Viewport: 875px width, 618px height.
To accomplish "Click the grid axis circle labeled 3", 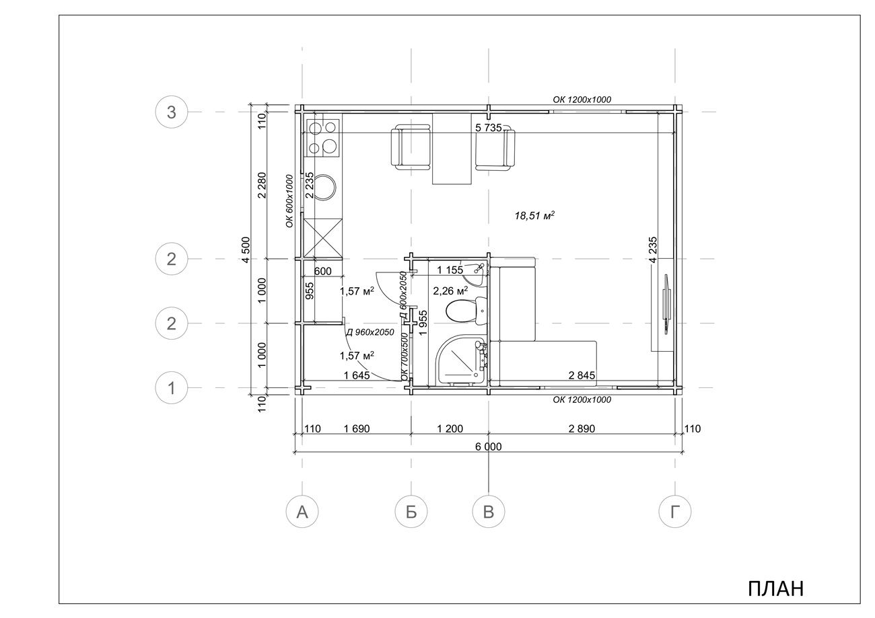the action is [x=172, y=112].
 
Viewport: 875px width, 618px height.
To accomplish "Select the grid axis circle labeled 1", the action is [x=172, y=388].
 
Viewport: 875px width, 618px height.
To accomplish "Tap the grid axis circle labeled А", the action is [x=302, y=512].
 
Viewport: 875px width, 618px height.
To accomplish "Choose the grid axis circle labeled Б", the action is [x=411, y=512].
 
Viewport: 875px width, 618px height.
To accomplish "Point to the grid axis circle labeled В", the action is [x=488, y=512].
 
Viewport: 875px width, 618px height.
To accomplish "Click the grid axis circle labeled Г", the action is [x=675, y=512].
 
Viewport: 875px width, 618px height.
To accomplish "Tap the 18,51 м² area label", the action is [x=535, y=215].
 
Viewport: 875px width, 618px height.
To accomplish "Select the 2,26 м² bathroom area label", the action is [x=450, y=291].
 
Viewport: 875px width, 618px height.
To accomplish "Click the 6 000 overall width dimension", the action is [x=488, y=447].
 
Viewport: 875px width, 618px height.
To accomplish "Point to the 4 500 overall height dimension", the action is [x=245, y=249].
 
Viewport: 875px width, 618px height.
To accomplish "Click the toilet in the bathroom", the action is [x=466, y=311].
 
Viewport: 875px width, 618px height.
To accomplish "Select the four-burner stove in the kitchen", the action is [x=323, y=138].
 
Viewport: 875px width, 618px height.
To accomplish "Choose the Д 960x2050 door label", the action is [x=370, y=332].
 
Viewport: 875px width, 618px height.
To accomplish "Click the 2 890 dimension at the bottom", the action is [x=582, y=428].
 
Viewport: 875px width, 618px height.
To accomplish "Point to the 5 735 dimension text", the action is [x=488, y=128].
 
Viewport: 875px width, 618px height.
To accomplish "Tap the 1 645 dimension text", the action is [x=357, y=375].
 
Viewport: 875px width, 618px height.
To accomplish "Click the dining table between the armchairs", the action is [x=452, y=148].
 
